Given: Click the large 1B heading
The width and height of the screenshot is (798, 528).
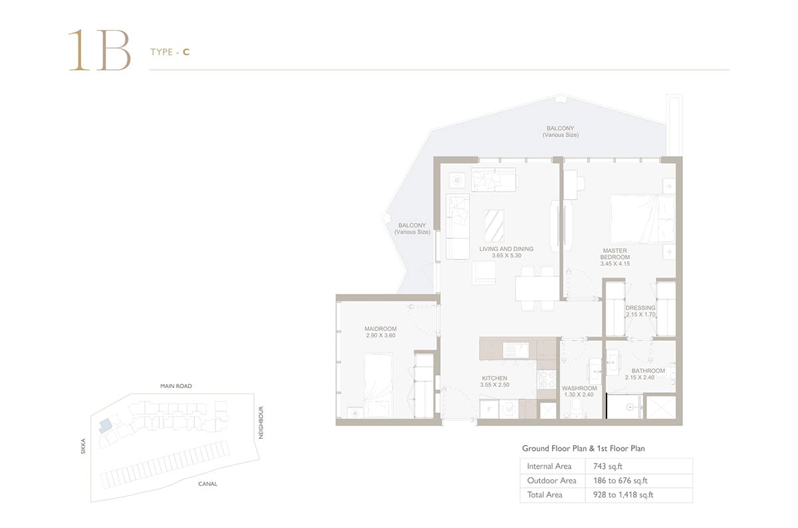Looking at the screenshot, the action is coord(99,50).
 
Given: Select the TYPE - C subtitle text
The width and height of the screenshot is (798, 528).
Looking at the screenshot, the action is coord(170,52).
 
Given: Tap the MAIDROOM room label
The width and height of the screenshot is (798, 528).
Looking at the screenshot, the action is coord(380,332).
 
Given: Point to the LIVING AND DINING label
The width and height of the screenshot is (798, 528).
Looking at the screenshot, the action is coord(506,252).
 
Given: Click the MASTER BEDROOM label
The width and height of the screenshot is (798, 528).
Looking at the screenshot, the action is coord(615,257).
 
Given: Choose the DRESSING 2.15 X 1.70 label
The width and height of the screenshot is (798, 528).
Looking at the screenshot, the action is coord(640,311).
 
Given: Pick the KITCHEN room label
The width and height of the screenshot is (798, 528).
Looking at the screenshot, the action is coord(495,381).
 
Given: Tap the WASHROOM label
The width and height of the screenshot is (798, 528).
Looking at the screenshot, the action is coord(579,391).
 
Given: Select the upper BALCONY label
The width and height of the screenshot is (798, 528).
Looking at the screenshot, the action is coord(561,131).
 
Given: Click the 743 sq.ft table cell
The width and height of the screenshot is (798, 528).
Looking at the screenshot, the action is coord(608,466).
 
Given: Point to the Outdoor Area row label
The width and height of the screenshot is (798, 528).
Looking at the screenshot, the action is coord(551,481).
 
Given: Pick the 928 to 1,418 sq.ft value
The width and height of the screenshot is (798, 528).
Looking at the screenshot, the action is coord(623,495).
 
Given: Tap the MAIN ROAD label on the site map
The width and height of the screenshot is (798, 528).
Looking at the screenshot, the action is coord(176,386).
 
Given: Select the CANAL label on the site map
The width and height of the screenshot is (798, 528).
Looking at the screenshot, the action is coord(207,484).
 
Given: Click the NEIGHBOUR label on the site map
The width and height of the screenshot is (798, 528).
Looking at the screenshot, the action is coord(261,422).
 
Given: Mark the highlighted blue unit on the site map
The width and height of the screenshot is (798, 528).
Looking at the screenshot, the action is coord(106,426).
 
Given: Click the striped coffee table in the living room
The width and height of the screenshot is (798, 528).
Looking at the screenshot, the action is coord(494,226).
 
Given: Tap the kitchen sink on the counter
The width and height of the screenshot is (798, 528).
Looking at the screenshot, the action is coord(515,350).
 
